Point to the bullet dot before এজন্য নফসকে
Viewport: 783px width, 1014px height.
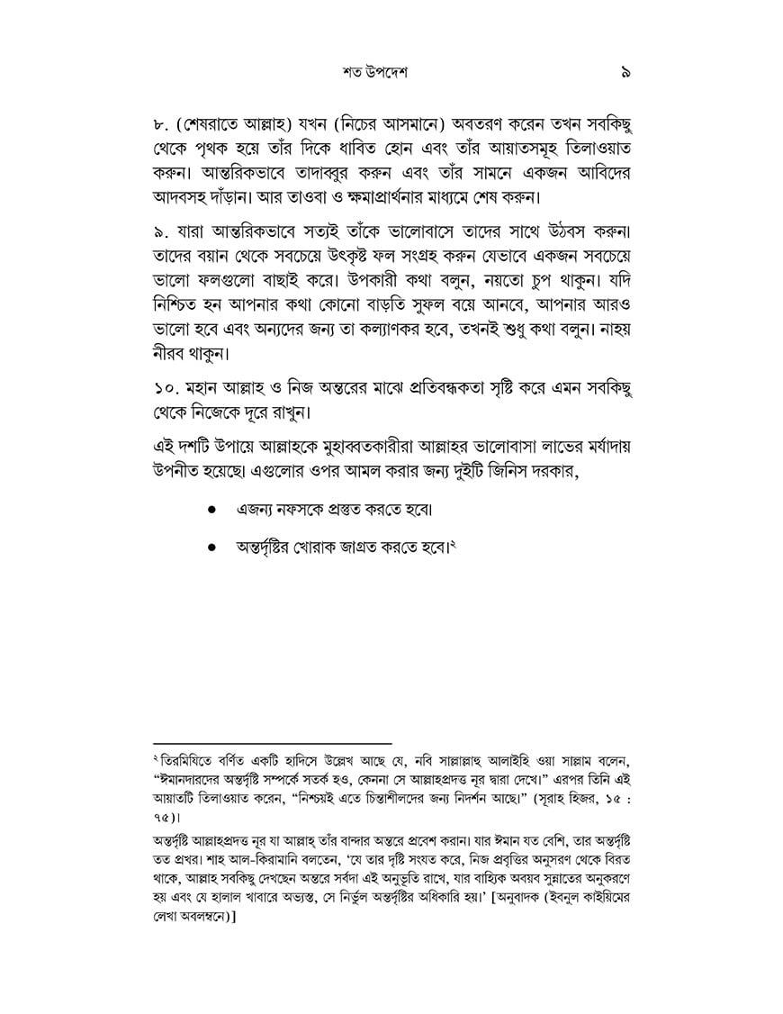coord(211,510)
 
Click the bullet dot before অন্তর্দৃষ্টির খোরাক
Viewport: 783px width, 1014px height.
coord(211,547)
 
